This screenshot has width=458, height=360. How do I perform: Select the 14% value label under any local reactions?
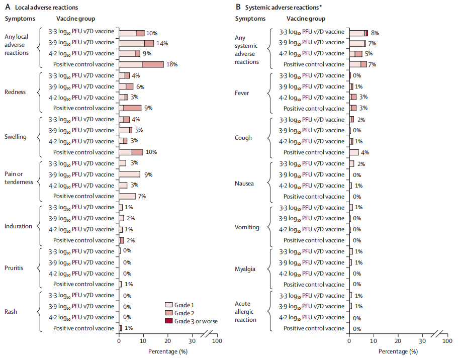162,43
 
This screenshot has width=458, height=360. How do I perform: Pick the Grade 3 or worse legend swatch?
169,321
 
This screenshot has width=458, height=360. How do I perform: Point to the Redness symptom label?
15,92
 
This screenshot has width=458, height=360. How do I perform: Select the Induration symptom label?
18,226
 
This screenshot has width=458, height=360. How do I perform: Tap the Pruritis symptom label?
15,268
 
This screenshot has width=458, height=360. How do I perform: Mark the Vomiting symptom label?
247,227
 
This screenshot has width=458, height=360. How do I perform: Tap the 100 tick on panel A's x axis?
217,341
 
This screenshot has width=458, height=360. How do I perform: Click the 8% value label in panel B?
375,33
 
